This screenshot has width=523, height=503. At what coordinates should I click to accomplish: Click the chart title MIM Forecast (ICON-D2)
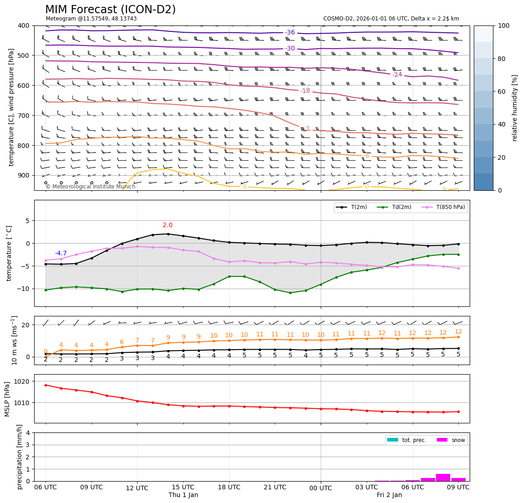(x=110, y=10)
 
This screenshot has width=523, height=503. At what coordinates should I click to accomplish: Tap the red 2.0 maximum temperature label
(x=168, y=225)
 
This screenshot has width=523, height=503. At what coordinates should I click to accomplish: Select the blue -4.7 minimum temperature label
(x=61, y=254)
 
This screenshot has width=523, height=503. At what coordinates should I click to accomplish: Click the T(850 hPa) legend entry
(x=446, y=208)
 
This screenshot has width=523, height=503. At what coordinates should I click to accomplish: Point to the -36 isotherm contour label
(x=290, y=33)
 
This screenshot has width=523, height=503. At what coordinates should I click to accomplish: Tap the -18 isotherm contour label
(x=305, y=91)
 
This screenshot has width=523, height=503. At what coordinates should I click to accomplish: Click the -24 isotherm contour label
(x=397, y=75)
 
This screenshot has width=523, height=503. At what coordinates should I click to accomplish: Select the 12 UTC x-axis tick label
(x=137, y=488)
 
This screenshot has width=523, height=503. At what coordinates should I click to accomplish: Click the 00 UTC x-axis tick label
(x=321, y=488)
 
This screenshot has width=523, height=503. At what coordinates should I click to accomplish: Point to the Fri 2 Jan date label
(x=389, y=495)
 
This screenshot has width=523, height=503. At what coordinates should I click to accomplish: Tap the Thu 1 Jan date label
(x=183, y=495)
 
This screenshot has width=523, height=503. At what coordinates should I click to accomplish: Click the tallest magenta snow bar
(x=443, y=478)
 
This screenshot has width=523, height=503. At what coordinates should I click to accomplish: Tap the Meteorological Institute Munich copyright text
(x=91, y=187)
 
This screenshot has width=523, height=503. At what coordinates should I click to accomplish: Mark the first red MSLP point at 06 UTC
(x=46, y=385)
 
